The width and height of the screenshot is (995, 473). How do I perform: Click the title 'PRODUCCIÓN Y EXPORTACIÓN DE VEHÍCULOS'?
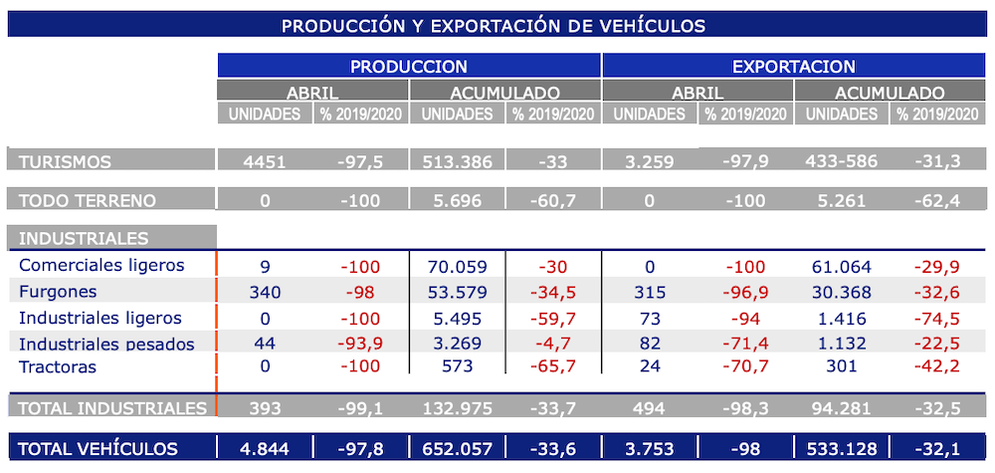(x=494, y=25)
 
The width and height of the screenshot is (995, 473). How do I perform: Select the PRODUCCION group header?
(x=408, y=67)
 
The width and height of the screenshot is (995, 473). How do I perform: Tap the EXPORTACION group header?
(x=793, y=67)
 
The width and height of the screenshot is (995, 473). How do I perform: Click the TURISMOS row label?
(x=66, y=161)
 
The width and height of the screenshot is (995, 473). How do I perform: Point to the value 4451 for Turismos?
(x=264, y=161)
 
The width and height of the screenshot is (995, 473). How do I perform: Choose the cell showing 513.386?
(x=457, y=161)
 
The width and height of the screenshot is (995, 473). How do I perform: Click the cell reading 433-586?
(x=841, y=161)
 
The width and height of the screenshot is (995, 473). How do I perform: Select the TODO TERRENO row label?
(x=88, y=200)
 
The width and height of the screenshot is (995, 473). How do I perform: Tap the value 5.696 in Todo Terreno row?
(x=457, y=200)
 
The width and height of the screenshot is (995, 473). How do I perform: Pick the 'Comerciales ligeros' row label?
(x=101, y=266)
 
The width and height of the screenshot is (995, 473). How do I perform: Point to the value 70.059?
(x=457, y=266)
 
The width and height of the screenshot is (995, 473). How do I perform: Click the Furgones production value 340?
(x=264, y=292)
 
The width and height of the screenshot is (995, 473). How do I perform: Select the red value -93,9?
(x=359, y=344)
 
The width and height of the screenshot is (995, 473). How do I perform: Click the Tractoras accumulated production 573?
(x=457, y=367)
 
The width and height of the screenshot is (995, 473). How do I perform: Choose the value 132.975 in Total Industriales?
(x=457, y=407)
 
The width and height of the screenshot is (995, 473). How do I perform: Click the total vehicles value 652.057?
(x=457, y=449)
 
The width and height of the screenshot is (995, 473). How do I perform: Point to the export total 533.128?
(x=841, y=449)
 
